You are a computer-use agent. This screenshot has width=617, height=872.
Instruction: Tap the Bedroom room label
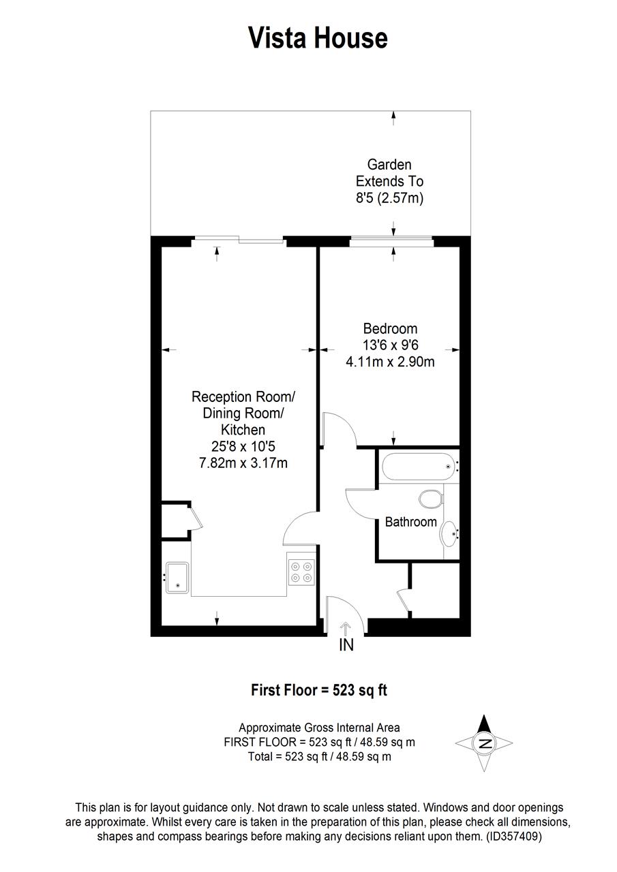(390, 329)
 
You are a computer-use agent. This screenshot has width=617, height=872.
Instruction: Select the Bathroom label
(410, 522)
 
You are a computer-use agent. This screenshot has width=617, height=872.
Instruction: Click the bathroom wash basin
(450, 533)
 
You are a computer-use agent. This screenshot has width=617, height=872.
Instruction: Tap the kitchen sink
(177, 578)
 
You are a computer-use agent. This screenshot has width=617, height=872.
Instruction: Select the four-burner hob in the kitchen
(301, 571)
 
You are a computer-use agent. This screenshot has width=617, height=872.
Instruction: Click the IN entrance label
(346, 645)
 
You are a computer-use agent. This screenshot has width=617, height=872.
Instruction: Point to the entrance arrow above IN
(346, 627)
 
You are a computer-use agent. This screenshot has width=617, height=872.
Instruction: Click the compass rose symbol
(484, 743)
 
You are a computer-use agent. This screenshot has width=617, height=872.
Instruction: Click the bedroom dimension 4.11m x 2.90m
(390, 362)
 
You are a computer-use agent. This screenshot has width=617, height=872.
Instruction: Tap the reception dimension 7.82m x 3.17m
(243, 463)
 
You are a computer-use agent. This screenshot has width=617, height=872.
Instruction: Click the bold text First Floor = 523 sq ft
(319, 690)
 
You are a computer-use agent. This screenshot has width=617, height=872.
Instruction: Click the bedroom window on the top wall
(391, 239)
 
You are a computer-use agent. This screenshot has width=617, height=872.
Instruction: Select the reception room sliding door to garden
(238, 239)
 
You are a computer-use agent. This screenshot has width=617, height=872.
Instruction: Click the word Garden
(389, 164)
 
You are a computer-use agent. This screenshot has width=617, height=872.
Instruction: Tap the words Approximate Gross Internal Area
(319, 728)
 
